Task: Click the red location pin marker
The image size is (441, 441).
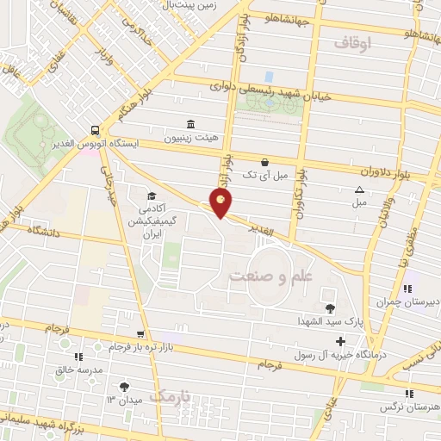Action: pos(221,203)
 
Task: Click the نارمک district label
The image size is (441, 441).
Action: pos(169,395)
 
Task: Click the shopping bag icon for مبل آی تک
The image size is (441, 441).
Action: pos(264,161)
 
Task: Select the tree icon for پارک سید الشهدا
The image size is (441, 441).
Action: pos(330,307)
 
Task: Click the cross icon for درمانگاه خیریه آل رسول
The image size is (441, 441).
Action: pos(341,342)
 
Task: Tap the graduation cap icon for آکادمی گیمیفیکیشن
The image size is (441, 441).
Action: pos(151,196)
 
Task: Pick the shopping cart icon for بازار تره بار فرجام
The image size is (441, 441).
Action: pos(140,333)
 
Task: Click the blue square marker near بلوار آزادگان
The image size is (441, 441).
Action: pos(268,77)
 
